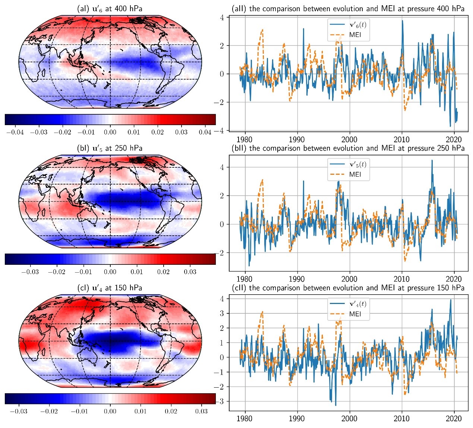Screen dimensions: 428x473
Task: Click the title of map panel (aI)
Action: [x=110, y=9]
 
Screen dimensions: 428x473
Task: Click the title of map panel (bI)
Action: [x=110, y=148]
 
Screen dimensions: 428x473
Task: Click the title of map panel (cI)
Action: [x=110, y=288]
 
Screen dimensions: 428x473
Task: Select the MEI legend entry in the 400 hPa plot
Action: [x=355, y=35]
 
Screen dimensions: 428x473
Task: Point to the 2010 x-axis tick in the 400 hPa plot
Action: [x=402, y=140]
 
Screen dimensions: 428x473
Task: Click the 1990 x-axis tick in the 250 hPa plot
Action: [x=297, y=279]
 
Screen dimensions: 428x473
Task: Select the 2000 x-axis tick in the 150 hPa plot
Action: [x=349, y=418]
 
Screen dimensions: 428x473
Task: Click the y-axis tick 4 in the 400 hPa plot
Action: [x=222, y=18]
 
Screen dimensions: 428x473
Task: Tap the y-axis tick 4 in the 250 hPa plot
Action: [x=222, y=167]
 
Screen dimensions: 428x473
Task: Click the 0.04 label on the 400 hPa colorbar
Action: [x=205, y=132]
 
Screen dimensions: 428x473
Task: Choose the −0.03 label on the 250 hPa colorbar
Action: [x=30, y=272]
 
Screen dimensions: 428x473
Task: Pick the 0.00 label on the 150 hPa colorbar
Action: [x=110, y=412]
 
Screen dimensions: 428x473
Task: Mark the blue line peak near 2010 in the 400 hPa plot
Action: [x=403, y=21]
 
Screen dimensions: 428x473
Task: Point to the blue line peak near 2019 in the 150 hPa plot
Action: [x=451, y=300]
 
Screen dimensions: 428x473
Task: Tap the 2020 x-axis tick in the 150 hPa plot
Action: [x=454, y=418]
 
